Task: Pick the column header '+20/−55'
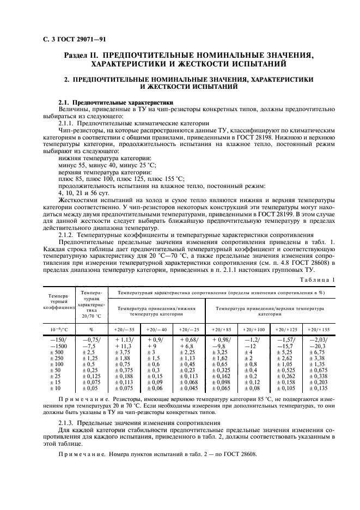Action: point(125,330)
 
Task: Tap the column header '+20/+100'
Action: point(253,330)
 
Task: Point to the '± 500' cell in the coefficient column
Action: point(57,353)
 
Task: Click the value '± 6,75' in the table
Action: point(316,353)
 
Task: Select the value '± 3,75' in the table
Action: point(124,353)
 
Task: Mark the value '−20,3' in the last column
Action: point(316,347)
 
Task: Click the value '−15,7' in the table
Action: point(285,347)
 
